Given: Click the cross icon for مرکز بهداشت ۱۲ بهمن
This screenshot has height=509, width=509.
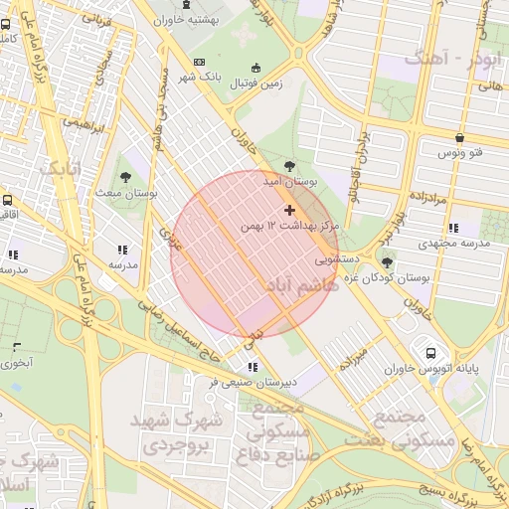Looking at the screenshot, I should (289, 210).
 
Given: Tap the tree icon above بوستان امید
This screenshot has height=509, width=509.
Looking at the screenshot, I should (289, 166).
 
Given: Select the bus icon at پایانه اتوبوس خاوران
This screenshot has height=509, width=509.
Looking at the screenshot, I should (430, 353).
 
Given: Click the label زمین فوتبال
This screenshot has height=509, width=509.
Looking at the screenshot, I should (256, 84).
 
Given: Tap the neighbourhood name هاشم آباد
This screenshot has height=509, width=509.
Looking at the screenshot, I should (294, 286).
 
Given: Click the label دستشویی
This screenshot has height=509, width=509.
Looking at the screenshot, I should (338, 261).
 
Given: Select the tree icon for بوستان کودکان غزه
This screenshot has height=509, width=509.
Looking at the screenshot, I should (386, 261).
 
